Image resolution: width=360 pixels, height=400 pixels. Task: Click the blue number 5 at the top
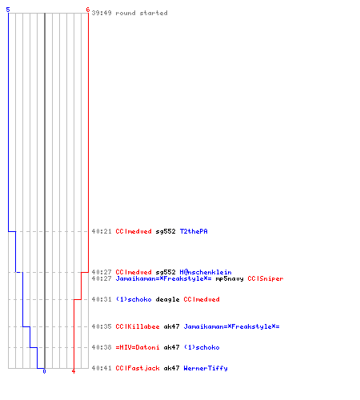click(x=8, y=10)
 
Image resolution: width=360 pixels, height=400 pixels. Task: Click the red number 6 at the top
click(x=87, y=10)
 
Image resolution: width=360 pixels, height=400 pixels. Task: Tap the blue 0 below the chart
click(x=44, y=371)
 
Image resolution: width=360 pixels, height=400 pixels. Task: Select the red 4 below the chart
click(x=74, y=371)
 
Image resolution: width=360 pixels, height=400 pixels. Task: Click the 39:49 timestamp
click(x=102, y=13)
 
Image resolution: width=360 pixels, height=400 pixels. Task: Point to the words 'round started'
click(x=142, y=13)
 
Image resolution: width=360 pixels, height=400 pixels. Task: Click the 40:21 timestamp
click(x=102, y=231)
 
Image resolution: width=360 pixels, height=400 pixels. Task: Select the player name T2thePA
click(x=194, y=231)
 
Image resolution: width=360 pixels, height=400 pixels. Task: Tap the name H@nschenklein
click(x=206, y=272)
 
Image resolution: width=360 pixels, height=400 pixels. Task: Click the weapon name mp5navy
click(x=230, y=278)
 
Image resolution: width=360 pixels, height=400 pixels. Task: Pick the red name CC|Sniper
click(x=266, y=278)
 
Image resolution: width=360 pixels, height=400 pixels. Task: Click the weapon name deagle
click(x=167, y=299)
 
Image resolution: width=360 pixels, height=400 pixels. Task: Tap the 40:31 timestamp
click(x=102, y=299)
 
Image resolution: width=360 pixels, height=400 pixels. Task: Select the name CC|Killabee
click(x=138, y=326)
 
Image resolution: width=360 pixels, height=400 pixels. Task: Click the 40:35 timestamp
click(x=102, y=326)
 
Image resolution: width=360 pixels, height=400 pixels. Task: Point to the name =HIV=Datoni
click(x=138, y=347)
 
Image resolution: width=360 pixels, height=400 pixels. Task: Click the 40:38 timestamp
click(x=102, y=347)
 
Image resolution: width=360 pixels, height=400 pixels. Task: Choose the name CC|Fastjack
click(x=138, y=368)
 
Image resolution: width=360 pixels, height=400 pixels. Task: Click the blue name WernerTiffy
click(x=206, y=368)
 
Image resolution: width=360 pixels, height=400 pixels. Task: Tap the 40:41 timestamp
click(x=102, y=368)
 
